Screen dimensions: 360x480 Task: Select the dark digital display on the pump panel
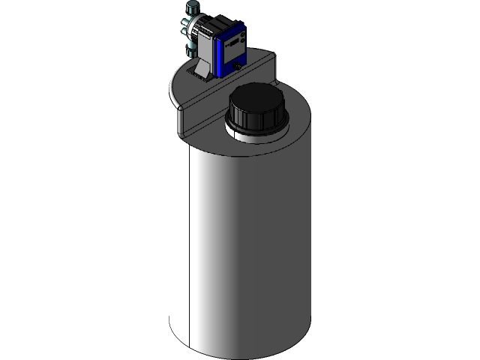[235, 41]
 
